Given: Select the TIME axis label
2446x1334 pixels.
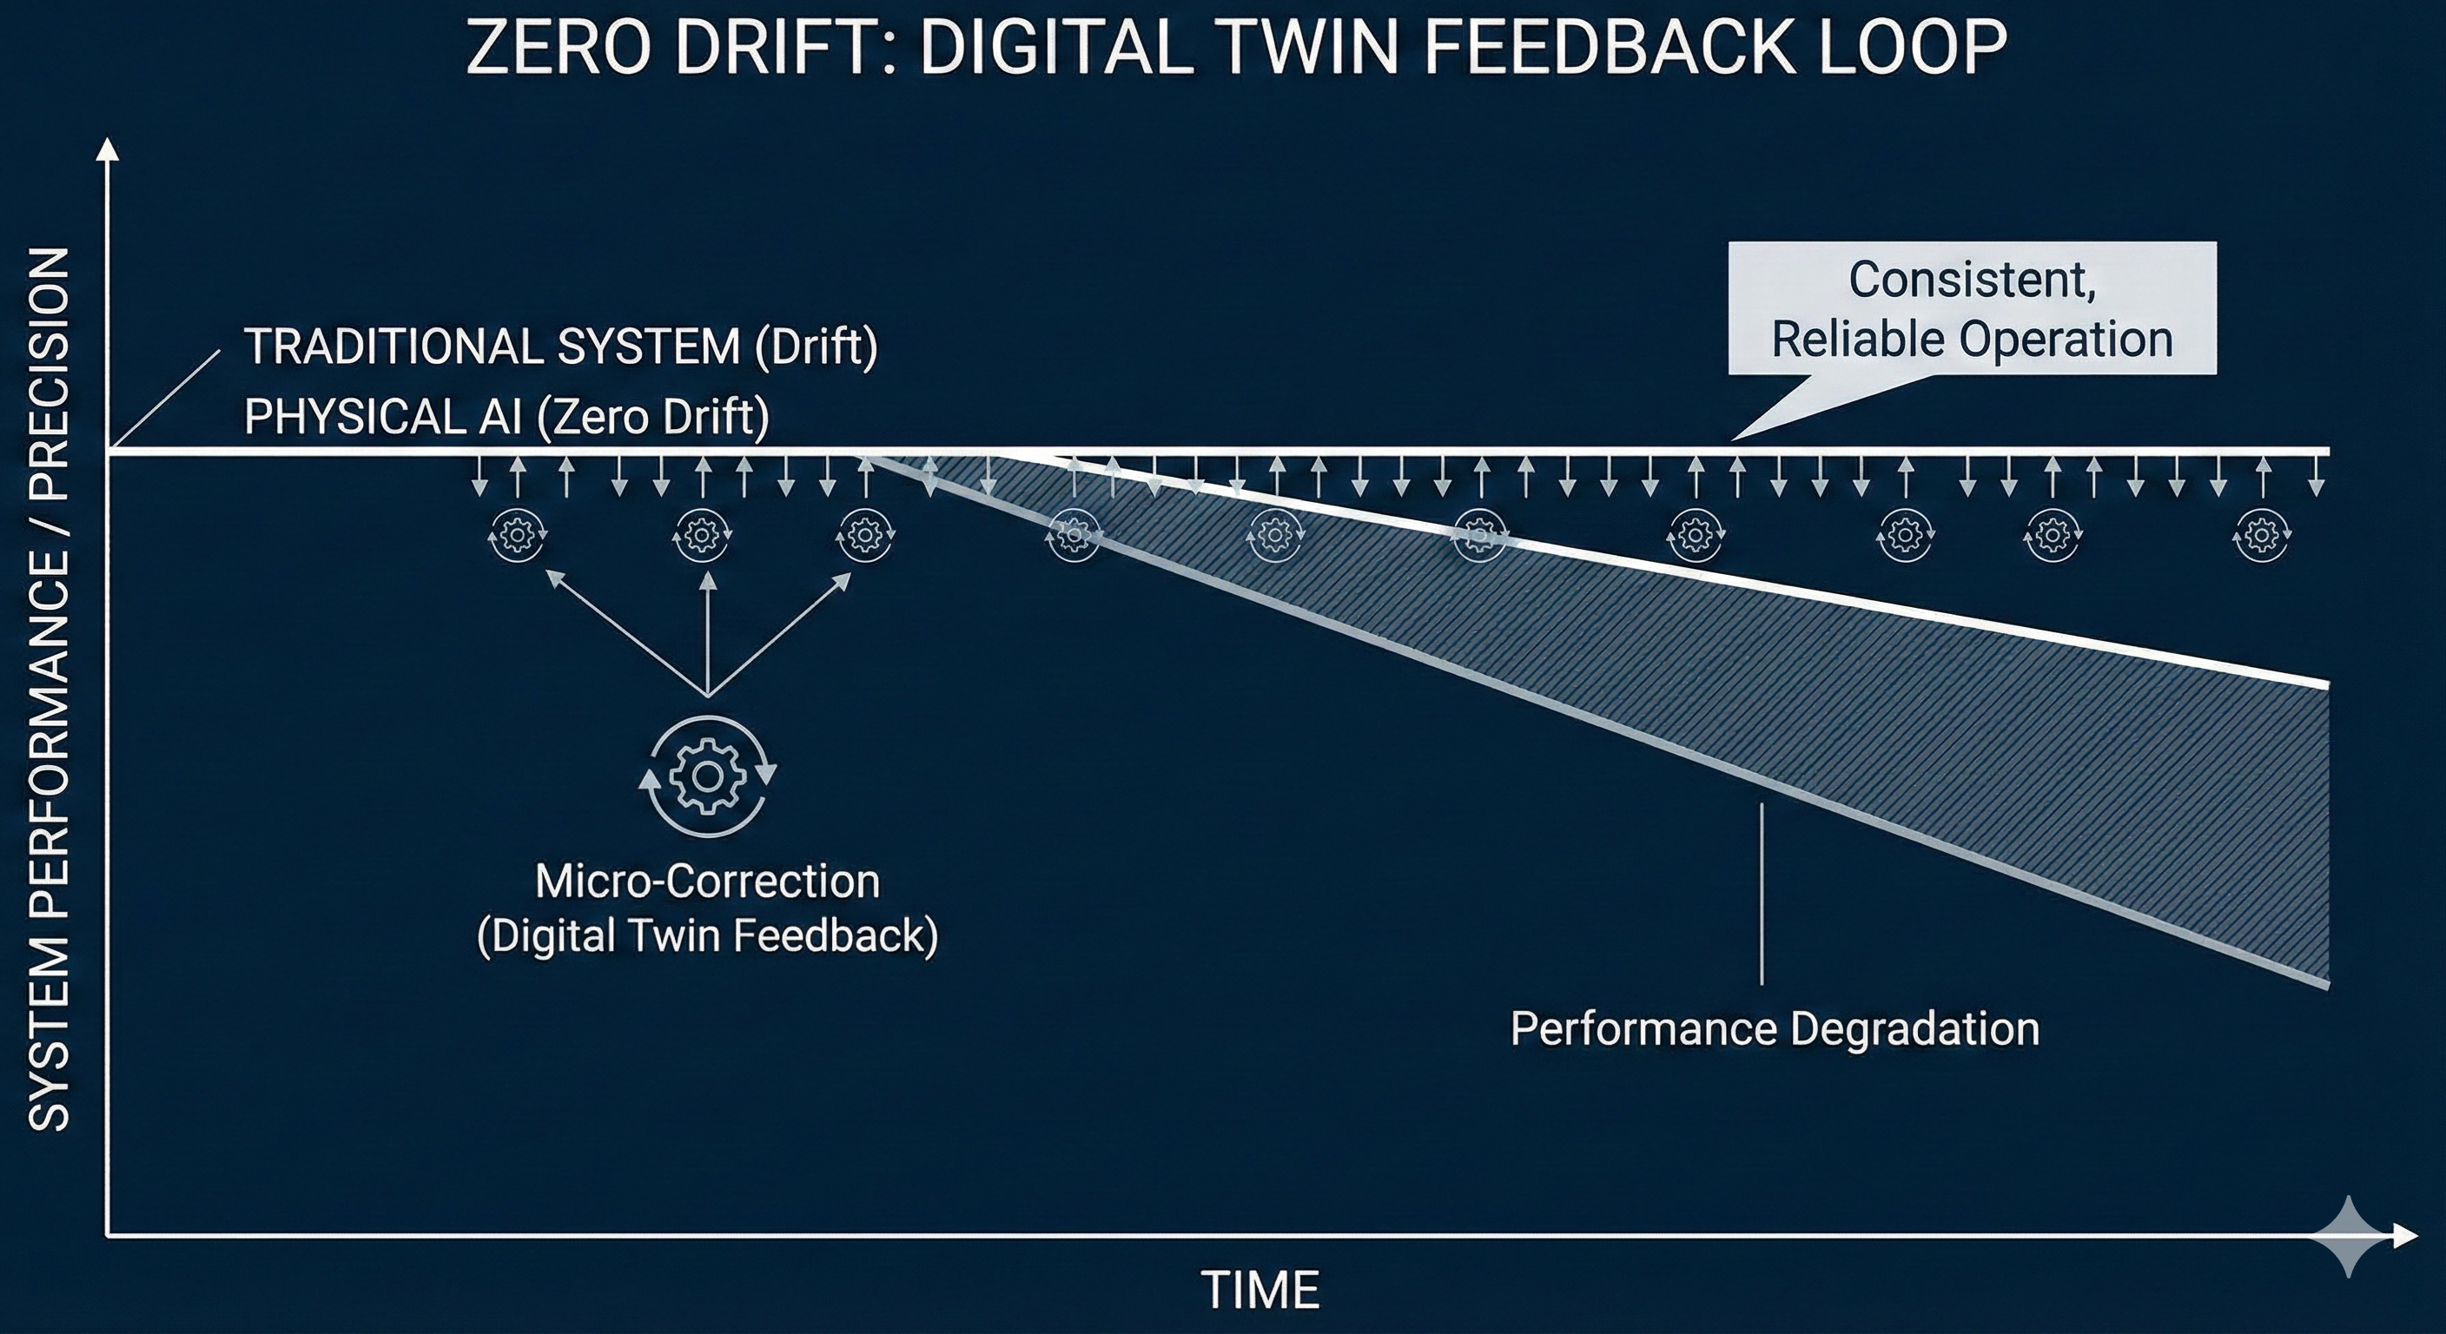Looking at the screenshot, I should (1261, 1291).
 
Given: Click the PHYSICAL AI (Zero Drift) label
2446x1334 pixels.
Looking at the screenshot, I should (506, 416).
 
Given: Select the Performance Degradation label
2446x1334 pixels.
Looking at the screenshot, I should (1775, 1028).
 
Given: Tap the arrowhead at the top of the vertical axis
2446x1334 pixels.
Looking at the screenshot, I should (109, 150).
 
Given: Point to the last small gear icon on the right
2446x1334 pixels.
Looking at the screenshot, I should (2264, 536).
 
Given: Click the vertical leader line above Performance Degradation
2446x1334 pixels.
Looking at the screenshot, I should (1762, 893).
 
